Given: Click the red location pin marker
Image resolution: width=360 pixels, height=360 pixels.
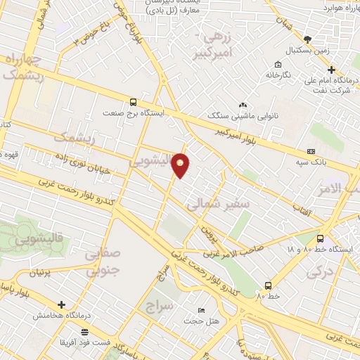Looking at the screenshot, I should pos(181,165).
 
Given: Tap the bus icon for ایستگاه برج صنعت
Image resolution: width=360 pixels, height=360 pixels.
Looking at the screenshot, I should pos(134,101).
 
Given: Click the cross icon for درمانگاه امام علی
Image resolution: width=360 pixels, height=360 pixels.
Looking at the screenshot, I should pos(331,69).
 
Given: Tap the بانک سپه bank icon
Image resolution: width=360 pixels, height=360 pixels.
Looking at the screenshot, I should pos(311,151).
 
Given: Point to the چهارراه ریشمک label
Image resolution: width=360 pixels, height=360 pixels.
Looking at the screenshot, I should pos(21,66).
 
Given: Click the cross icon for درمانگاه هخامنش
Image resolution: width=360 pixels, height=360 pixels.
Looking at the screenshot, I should pos(62,305).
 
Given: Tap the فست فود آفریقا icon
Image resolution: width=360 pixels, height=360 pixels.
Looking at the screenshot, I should pos(85,331).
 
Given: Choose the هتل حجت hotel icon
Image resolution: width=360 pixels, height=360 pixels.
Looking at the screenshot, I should pos(202,310).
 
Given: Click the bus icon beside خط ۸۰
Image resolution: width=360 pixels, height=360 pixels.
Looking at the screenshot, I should pos(268,285).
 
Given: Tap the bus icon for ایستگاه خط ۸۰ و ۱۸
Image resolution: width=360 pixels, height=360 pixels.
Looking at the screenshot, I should pos(321,238).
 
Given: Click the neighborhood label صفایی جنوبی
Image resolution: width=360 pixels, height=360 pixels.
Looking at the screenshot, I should pos(102,262).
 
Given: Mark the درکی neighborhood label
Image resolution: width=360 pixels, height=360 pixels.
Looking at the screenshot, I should pos(320,271).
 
